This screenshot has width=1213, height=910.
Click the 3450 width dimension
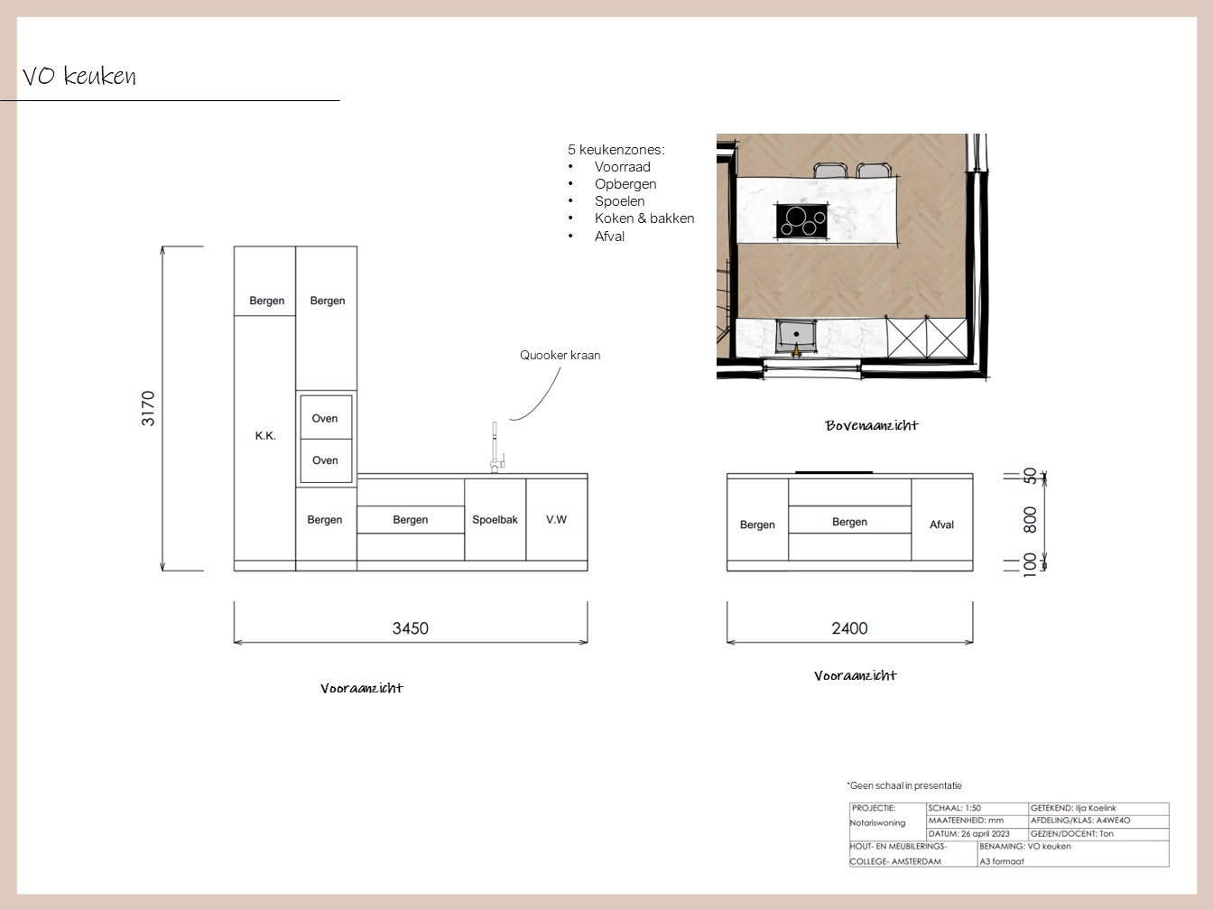410,628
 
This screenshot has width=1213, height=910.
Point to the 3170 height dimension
148,408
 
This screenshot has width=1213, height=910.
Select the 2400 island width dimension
849,628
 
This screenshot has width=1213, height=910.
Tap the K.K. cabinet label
265,436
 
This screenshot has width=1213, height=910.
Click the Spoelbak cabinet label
495,519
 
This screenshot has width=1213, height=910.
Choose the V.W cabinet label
557,519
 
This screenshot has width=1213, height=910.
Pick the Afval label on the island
941,525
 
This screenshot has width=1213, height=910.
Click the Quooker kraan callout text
560,356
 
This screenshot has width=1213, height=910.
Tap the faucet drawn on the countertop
496,448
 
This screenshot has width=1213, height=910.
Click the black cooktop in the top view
801,221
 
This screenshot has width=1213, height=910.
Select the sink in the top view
796,336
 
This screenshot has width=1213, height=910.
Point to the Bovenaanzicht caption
872,425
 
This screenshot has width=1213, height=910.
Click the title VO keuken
79,76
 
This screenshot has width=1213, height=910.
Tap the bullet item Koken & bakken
644,218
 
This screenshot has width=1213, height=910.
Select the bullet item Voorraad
622,167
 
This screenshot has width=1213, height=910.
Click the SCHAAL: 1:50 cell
954,808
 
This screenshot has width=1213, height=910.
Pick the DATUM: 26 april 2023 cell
968,834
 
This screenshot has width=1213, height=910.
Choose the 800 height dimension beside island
1030,519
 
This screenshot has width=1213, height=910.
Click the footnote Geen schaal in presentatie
904,785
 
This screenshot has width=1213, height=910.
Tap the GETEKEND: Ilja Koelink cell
1073,808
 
